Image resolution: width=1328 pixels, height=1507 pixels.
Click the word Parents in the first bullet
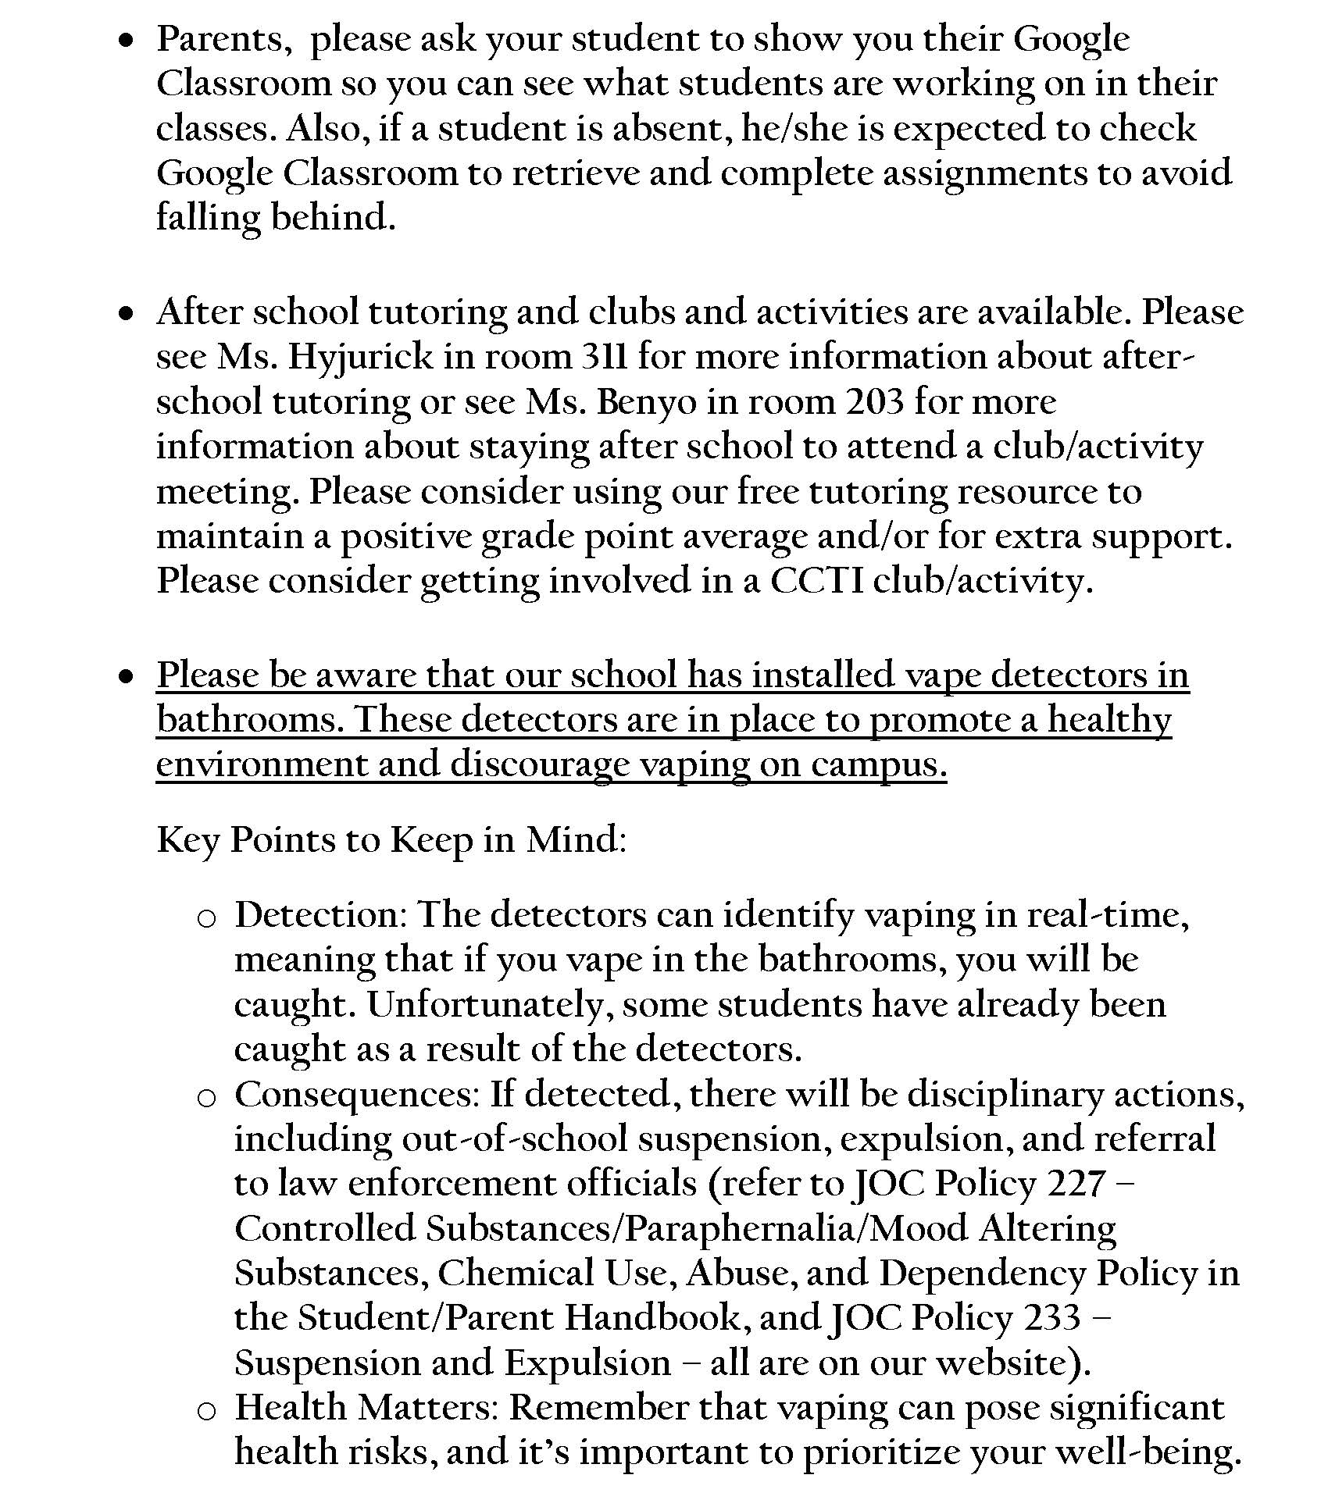click(x=220, y=40)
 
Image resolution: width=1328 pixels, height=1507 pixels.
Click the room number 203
click(x=875, y=403)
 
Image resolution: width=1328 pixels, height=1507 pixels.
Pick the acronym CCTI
click(x=816, y=582)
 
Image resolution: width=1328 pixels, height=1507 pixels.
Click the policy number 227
click(x=1076, y=1184)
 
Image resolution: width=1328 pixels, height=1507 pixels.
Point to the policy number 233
click(x=1051, y=1318)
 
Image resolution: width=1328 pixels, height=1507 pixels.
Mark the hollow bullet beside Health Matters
click(x=206, y=1411)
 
